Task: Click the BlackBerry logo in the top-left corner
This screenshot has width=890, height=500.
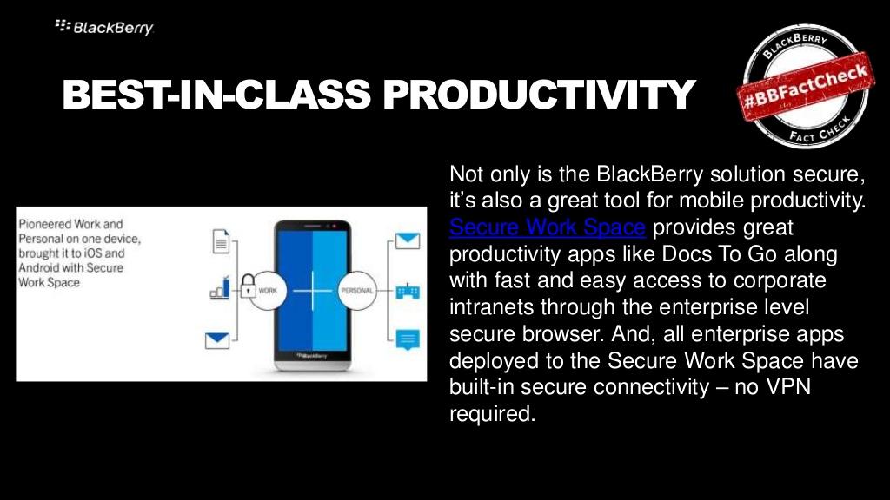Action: coord(104,27)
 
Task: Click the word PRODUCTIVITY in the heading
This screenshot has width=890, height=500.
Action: coord(539,94)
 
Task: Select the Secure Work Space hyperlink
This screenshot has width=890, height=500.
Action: coord(548,227)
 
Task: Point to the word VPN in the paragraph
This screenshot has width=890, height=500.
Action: coord(788,386)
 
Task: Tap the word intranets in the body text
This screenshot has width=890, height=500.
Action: coord(491,306)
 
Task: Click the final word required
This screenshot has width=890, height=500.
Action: coord(492,414)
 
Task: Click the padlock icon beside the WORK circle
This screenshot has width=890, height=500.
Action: coord(248,286)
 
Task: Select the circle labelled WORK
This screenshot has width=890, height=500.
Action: coord(268,290)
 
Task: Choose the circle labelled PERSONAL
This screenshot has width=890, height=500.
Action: coord(357,290)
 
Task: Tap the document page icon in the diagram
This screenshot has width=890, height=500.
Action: coord(221,241)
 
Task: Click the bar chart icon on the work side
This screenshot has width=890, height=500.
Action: coord(220,287)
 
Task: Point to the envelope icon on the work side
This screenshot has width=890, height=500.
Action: coord(216,340)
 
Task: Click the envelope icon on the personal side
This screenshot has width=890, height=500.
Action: coord(408,241)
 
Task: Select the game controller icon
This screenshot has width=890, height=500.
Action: coord(408,291)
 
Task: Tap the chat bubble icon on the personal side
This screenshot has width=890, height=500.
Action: coord(408,339)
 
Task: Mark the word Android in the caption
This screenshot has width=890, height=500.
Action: coord(38,267)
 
